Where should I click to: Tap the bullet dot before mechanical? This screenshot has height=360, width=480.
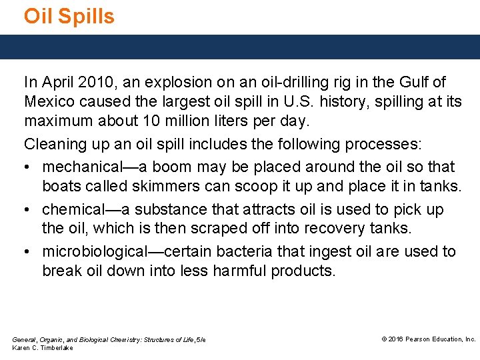28,167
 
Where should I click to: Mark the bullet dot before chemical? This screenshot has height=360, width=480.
28,209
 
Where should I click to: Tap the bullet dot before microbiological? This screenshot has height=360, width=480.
28,252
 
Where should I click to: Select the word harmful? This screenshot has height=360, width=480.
240,271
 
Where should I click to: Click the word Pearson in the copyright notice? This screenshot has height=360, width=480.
419,339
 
